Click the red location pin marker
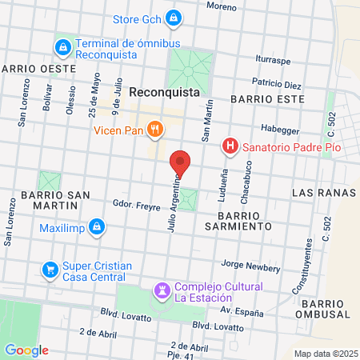(x=181, y=163)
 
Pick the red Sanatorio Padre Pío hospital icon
(x=230, y=146)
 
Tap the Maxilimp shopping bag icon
(x=96, y=227)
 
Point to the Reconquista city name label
(x=164, y=92)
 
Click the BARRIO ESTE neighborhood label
(x=266, y=98)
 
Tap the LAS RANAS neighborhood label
(x=318, y=194)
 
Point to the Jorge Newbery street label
(x=249, y=263)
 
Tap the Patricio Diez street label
(x=276, y=84)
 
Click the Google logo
(x=26, y=350)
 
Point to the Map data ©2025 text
(x=324, y=354)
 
